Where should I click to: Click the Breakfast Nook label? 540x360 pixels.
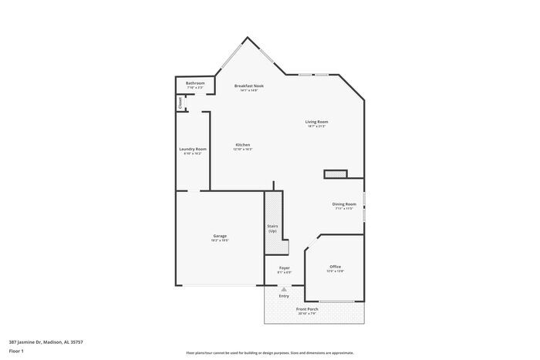[x=248, y=86]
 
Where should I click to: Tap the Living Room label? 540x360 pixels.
[x=316, y=122]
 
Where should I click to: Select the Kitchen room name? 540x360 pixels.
[x=242, y=145]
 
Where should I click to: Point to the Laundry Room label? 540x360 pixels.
[x=192, y=149]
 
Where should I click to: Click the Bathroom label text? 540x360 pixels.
[x=195, y=82]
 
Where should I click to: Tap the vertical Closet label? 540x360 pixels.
[x=181, y=103]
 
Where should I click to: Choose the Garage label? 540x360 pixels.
[x=220, y=236]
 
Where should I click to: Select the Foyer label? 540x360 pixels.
[x=284, y=267]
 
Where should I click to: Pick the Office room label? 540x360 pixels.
[x=335, y=267]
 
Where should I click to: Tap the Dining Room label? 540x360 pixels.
[x=344, y=204]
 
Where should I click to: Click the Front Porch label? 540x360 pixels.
[x=307, y=309]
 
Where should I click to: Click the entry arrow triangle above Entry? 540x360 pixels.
[x=283, y=289]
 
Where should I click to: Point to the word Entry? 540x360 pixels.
[x=284, y=296]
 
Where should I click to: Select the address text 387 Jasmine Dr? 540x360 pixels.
[x=46, y=341]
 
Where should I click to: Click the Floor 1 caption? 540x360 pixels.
[x=16, y=351]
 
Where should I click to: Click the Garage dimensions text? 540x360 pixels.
[x=220, y=241]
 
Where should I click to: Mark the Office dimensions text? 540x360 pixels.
[x=335, y=271]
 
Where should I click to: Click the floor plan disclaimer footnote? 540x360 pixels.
[x=269, y=352]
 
